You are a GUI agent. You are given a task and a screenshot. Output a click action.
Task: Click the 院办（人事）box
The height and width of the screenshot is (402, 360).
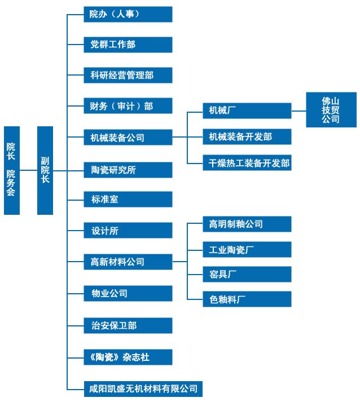tap(128, 14)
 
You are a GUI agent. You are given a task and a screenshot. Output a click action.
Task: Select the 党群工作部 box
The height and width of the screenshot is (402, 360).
tap(128, 45)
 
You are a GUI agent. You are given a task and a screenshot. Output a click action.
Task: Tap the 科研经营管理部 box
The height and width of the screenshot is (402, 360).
tap(128, 75)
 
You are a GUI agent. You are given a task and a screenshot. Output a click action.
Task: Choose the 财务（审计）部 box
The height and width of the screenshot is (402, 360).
tap(128, 106)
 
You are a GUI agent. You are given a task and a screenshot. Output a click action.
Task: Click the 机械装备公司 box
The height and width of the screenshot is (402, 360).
tap(128, 137)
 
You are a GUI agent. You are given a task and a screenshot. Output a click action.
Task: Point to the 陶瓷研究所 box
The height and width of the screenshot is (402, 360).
tap(128, 169)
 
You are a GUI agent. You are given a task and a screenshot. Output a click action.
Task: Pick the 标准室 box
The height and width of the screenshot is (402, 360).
tap(128, 199)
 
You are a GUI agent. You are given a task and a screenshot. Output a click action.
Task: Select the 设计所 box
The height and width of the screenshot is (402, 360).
tap(128, 231)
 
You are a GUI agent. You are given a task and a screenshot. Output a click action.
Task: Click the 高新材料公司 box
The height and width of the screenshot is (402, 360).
tap(128, 262)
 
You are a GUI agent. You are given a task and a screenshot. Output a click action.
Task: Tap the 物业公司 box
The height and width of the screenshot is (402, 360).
tap(128, 293)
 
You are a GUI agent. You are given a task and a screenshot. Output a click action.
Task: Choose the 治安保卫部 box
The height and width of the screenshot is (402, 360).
tap(128, 325)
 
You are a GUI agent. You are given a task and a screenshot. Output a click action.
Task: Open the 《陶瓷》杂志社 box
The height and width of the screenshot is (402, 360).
tap(128, 357)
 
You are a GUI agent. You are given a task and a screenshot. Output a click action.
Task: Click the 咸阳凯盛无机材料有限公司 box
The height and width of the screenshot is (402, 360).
tap(143, 388)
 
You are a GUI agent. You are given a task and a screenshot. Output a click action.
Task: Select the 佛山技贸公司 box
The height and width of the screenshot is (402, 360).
tap(331, 111)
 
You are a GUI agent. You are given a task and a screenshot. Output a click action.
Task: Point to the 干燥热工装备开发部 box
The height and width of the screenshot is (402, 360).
tap(247, 163)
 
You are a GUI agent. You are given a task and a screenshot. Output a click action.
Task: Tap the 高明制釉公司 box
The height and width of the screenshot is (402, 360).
tap(247, 224)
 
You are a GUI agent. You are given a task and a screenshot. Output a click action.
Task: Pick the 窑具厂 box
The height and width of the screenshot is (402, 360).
tap(247, 275)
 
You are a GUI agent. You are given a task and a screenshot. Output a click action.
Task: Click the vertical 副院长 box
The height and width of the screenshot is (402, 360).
tap(45, 170)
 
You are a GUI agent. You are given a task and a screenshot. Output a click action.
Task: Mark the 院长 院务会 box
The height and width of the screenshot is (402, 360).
tap(11, 170)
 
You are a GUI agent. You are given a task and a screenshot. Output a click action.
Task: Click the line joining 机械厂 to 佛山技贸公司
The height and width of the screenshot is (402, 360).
tap(298, 111)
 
